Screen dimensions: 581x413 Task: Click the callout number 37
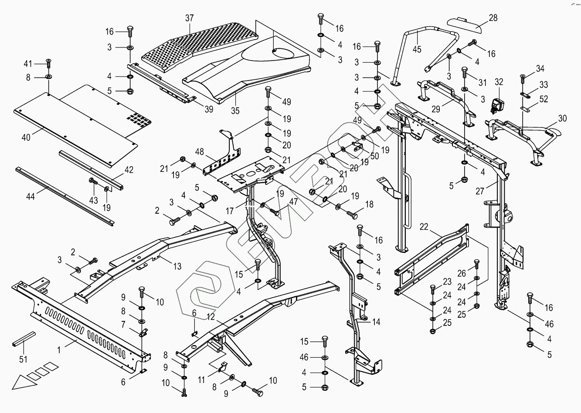click(x=190, y=18)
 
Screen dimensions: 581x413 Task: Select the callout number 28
click(x=493, y=18)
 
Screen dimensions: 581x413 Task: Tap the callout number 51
click(x=24, y=359)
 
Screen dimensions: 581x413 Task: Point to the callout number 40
click(x=26, y=137)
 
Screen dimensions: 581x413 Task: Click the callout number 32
click(x=499, y=82)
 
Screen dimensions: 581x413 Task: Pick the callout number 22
click(x=424, y=227)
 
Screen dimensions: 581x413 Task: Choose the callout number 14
click(x=376, y=322)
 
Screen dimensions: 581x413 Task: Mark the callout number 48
click(x=200, y=152)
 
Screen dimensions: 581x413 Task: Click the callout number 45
click(x=417, y=49)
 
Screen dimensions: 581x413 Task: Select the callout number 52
click(x=544, y=99)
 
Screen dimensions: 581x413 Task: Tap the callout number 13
click(x=177, y=266)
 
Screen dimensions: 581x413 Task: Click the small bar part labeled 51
click(x=24, y=339)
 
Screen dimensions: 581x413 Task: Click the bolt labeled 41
click(x=48, y=64)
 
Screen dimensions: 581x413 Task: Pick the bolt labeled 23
click(x=432, y=289)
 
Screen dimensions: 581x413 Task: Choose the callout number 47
click(x=293, y=201)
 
